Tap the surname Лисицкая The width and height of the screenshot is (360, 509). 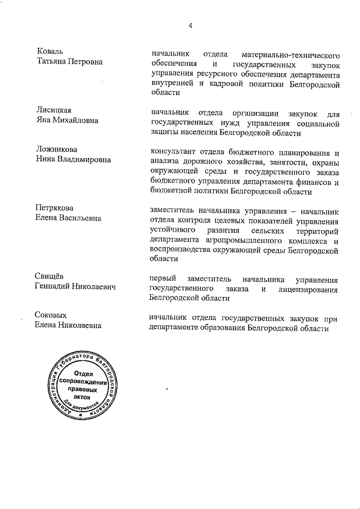point(54,110)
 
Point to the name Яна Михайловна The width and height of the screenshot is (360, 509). point(67,120)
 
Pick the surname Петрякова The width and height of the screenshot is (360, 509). point(55,208)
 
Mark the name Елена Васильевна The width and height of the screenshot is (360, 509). point(68,218)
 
